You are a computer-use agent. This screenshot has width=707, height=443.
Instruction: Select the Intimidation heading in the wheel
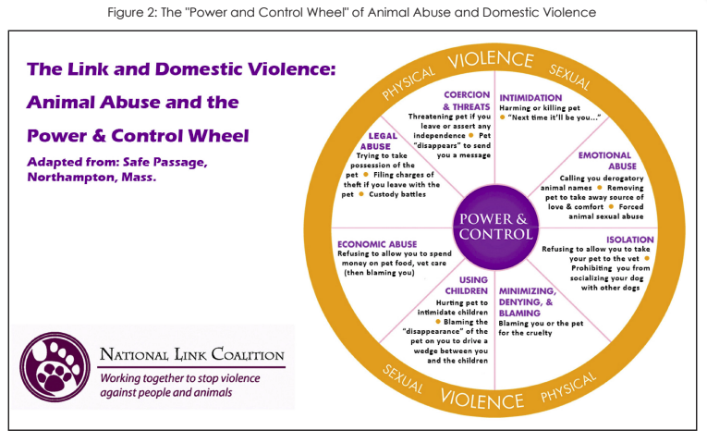click(530, 97)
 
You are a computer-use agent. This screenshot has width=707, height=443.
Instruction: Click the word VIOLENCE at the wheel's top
click(491, 60)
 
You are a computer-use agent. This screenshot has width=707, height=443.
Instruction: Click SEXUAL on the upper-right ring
click(570, 78)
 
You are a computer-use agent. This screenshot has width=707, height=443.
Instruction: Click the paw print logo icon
click(55, 365)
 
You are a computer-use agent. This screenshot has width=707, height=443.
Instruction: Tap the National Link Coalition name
click(191, 355)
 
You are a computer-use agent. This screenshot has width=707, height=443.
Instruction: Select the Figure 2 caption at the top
click(352, 12)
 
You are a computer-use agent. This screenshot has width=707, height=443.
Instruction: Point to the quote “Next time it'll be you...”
click(555, 117)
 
